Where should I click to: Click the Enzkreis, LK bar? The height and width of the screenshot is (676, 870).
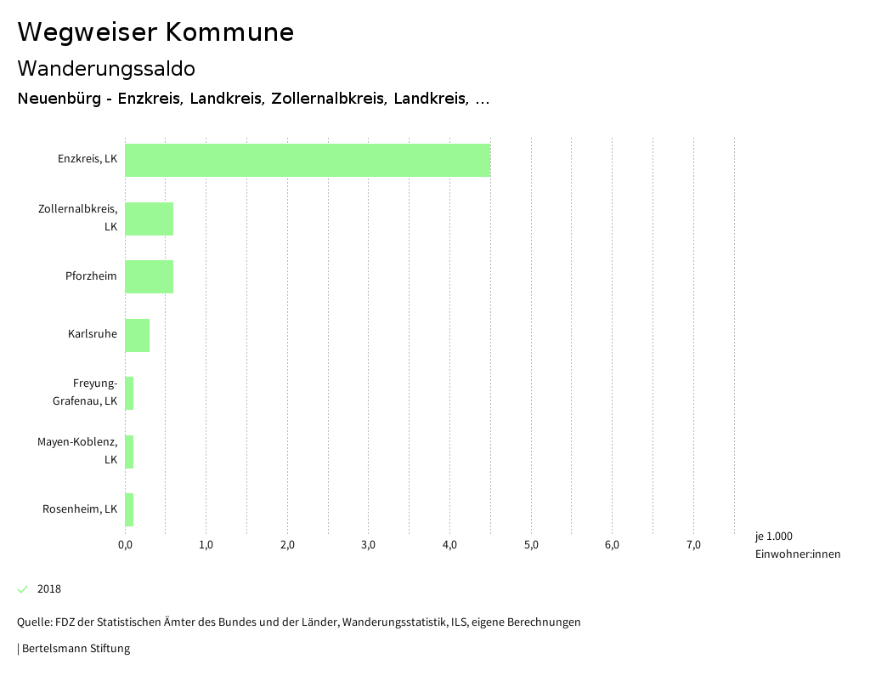308,160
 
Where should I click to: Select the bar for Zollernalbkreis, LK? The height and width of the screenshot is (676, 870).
149,219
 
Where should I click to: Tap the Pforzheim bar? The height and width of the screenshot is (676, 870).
149,276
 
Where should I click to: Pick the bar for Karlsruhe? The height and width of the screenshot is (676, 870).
137,335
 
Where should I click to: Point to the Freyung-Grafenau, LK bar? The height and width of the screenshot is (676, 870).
129,393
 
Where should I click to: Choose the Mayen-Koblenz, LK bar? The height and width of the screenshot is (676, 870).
129,452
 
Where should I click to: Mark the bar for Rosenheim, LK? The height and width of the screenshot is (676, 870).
129,509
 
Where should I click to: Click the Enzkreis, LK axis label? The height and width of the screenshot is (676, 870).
88,159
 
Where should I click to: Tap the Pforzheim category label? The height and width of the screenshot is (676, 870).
91,276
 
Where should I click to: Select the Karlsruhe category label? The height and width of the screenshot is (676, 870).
93,334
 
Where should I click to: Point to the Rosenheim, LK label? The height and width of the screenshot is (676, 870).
80,509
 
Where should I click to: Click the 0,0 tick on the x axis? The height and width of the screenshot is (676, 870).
125,545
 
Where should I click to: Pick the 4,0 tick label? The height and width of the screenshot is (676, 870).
449,545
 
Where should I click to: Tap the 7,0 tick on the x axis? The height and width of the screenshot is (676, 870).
693,545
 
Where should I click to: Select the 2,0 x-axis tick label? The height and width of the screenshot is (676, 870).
287,545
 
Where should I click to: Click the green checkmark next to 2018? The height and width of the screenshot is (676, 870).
23,589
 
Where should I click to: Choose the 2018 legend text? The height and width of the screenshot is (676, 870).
49,589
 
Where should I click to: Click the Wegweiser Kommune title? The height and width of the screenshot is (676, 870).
155,32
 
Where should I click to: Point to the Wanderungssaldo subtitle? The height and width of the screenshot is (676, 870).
106,68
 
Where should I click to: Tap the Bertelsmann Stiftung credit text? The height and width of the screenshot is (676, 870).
75,649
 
